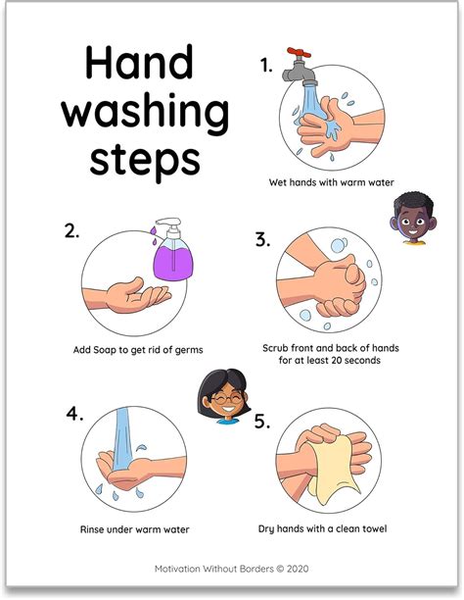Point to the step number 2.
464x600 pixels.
click(x=70, y=231)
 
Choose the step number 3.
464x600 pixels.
click(x=262, y=238)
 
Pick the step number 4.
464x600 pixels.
click(x=71, y=413)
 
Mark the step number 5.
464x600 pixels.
click(x=261, y=422)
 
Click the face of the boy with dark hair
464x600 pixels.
click(x=409, y=220)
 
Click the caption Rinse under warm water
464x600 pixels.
click(x=134, y=530)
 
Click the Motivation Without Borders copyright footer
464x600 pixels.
click(x=231, y=568)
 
